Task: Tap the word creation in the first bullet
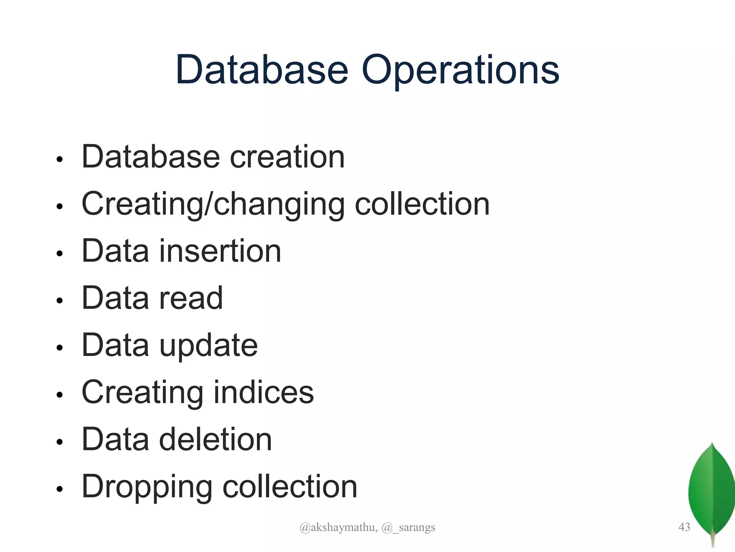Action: click(287, 157)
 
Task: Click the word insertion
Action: click(220, 251)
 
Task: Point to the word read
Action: click(191, 298)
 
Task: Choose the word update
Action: click(209, 346)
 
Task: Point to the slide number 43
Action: click(684, 527)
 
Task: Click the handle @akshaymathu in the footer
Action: click(338, 528)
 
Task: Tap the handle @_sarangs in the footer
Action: click(408, 528)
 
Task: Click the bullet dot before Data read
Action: click(60, 300)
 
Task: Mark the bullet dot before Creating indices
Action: click(60, 395)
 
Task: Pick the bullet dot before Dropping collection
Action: click(60, 489)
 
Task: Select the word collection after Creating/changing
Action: click(422, 204)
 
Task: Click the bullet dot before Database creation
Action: click(60, 159)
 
